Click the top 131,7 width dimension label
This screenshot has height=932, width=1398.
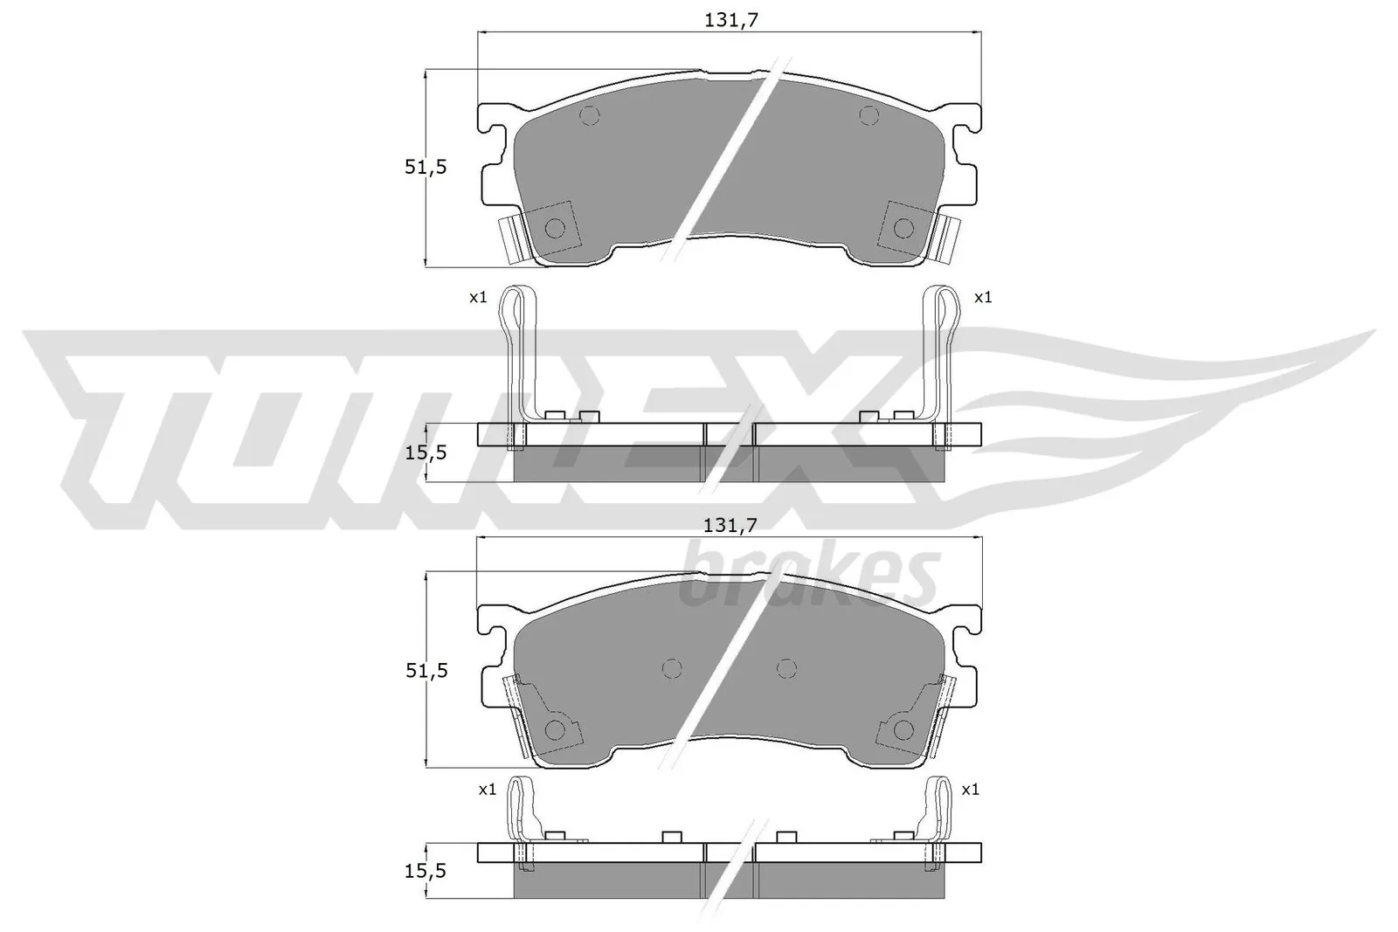coord(730,20)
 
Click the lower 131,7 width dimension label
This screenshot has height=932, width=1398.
coord(730,525)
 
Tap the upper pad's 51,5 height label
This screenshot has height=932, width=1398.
coord(426,167)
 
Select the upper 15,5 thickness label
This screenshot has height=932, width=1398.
coord(426,452)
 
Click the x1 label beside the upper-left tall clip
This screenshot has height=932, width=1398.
coord(477,298)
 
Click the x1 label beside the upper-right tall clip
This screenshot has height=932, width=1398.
coord(983,298)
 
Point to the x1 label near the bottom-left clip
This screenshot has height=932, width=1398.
coord(487,790)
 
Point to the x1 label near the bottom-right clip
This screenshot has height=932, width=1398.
coord(970,790)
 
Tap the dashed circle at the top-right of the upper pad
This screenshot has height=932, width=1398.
coord(868,114)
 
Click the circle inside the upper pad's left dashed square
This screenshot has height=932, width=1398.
coord(555,228)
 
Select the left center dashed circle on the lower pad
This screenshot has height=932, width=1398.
coord(671,668)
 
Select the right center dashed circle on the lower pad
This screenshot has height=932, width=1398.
coord(786,668)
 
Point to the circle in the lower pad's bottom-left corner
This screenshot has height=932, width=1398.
coord(555,730)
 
